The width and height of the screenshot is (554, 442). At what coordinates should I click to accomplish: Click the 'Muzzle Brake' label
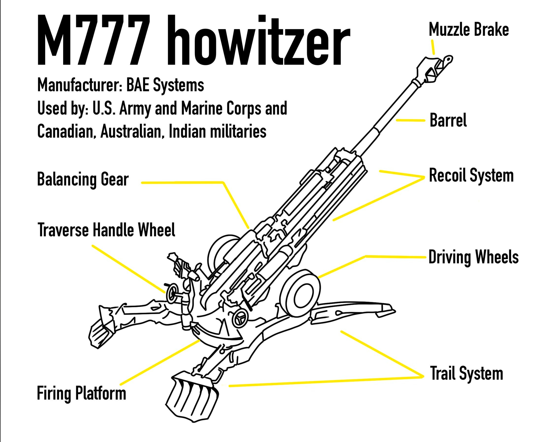tap(469, 29)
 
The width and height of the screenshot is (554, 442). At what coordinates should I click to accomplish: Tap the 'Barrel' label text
tap(448, 120)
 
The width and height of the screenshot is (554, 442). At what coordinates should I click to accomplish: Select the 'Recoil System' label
tap(471, 175)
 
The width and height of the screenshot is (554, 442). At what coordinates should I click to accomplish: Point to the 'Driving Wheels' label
tap(473, 257)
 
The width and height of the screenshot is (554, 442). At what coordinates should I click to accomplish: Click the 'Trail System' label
tap(466, 373)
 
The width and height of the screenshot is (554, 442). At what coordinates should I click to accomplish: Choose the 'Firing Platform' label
tap(82, 393)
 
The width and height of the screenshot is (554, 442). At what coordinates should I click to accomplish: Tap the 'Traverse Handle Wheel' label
tap(106, 230)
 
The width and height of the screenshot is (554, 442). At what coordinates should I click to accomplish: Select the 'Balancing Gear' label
tap(83, 179)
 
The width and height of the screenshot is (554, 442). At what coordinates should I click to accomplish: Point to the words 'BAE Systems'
tap(165, 85)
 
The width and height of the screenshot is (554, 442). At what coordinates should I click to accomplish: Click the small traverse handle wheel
tap(172, 293)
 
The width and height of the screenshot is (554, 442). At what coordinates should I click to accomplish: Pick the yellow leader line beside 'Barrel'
tap(410, 120)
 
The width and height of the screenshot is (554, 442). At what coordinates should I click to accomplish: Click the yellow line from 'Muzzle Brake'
tap(433, 47)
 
